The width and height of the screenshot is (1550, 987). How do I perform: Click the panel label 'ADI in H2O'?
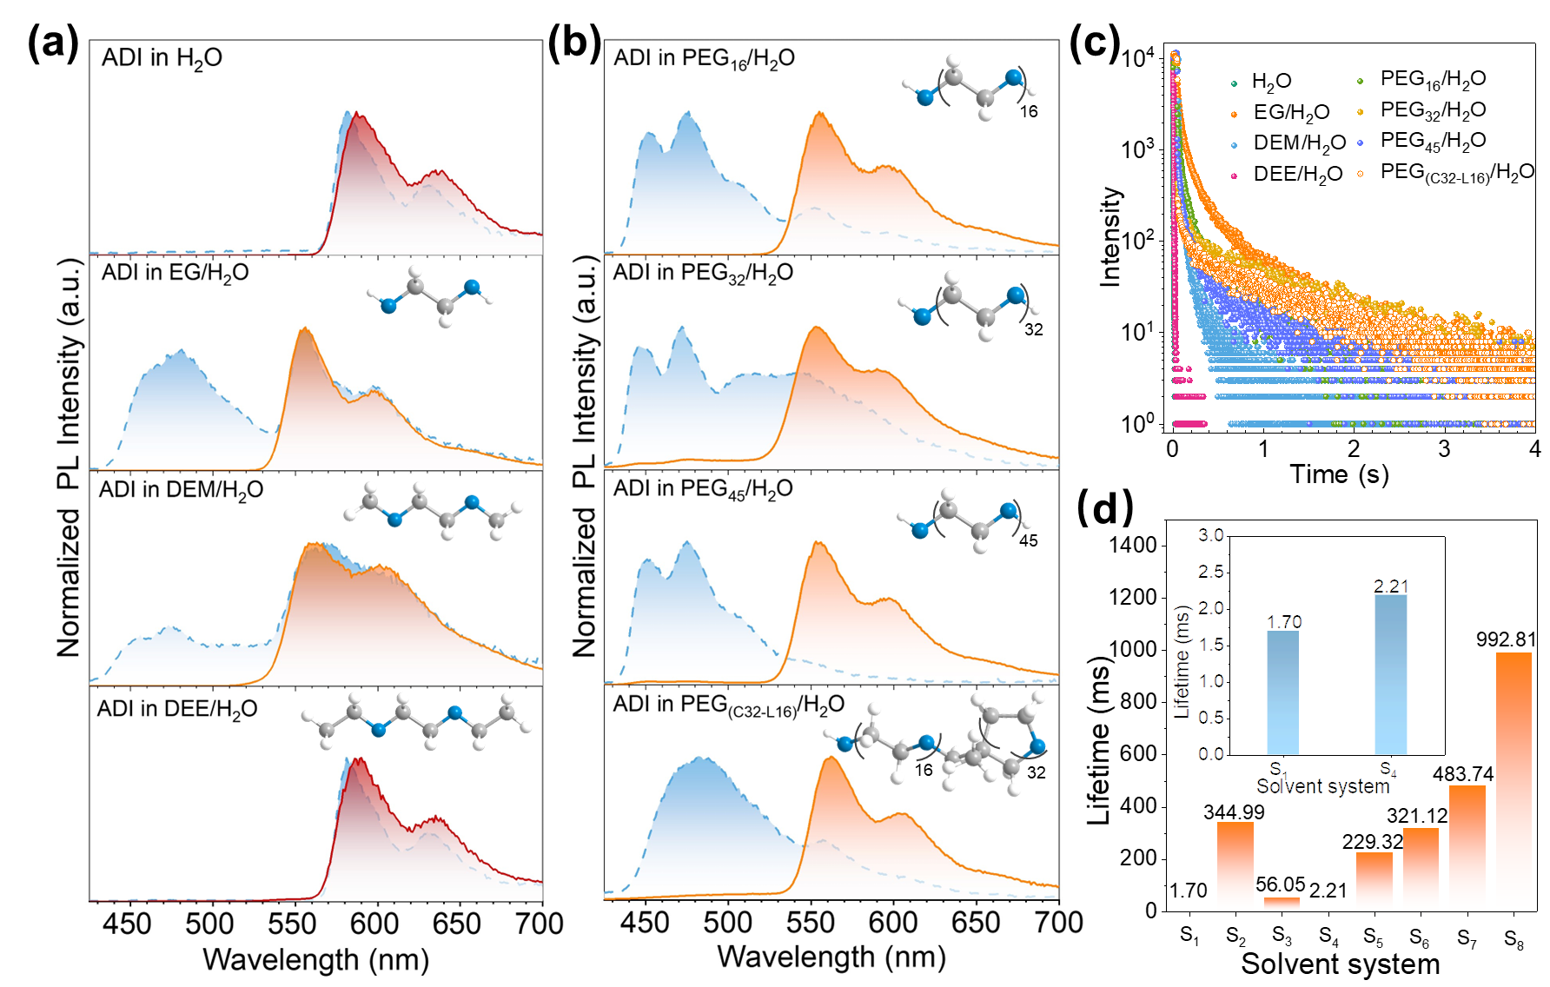point(162,58)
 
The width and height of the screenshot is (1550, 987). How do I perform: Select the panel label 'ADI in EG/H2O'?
point(175,273)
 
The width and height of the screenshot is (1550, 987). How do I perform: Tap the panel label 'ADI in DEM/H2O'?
point(181,490)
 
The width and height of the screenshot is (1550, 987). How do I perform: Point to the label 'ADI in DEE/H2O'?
point(177,709)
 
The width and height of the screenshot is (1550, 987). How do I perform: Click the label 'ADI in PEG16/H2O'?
point(704,58)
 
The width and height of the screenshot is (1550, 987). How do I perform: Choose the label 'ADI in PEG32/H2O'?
point(703,273)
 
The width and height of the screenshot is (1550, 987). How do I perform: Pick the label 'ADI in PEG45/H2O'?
point(703,489)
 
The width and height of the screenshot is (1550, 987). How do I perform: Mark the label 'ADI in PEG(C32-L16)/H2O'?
point(728,705)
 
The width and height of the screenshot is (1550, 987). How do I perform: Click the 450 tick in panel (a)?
point(127,924)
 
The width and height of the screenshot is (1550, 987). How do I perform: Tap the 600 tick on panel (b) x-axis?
point(893,922)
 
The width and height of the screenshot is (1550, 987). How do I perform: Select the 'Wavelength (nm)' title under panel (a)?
point(316,960)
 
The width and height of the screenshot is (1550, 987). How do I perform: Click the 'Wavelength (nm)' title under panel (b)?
point(831,957)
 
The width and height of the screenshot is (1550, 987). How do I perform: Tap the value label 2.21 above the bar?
point(1390,586)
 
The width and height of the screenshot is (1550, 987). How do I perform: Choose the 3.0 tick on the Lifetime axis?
point(1210,535)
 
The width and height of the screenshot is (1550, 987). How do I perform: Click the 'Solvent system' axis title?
point(1323,786)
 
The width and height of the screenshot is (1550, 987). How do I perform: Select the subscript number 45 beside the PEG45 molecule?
point(1029,540)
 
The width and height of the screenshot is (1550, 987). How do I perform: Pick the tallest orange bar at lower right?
point(1514,781)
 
